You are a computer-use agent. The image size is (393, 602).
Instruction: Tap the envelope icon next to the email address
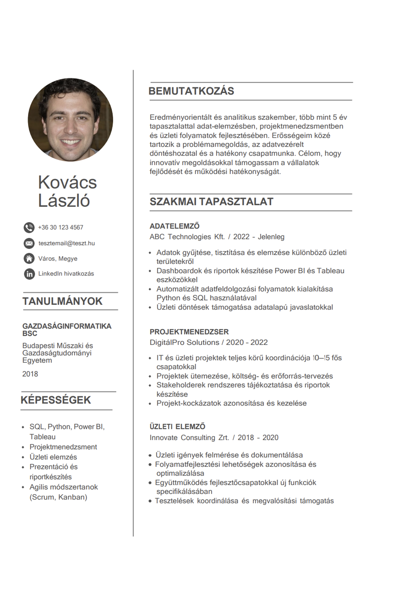[29, 243]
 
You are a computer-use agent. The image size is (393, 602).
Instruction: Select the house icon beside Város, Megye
[29, 259]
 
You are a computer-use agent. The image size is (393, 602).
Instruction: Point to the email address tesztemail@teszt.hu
[66, 243]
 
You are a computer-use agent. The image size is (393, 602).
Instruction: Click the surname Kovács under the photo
[67, 182]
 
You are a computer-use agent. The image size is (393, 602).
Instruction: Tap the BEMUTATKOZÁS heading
[191, 91]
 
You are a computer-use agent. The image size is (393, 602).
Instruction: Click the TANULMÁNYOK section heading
[62, 301]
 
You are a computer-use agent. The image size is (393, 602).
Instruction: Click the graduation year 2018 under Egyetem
[30, 374]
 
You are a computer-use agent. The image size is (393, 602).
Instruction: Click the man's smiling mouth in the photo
[70, 141]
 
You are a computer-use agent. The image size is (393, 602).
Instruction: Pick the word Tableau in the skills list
[42, 437]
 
